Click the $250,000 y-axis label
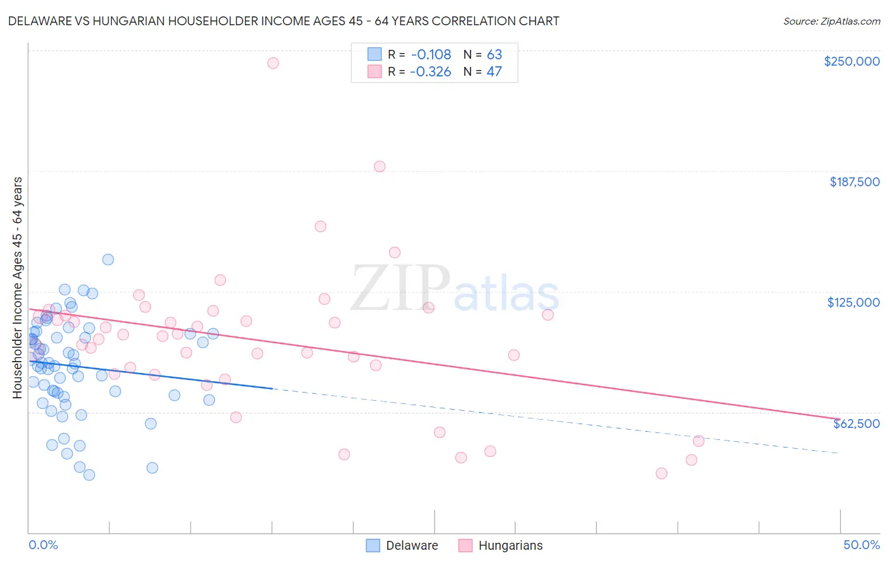point(851,61)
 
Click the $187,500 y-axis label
point(854,182)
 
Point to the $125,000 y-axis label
point(853,302)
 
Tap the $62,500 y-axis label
point(856,424)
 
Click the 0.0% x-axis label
point(44,545)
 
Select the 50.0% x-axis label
point(861,545)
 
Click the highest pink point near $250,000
point(273,63)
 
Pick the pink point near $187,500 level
point(380,167)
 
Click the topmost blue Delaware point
point(108,259)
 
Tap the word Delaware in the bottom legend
point(412,545)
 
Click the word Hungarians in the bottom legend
point(510,545)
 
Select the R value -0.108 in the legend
point(430,54)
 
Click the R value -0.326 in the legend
point(430,71)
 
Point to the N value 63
point(494,54)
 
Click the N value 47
point(494,71)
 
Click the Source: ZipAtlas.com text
point(831,21)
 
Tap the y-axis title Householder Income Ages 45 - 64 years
point(18,288)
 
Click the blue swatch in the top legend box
point(375,54)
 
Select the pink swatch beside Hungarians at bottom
point(465,545)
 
